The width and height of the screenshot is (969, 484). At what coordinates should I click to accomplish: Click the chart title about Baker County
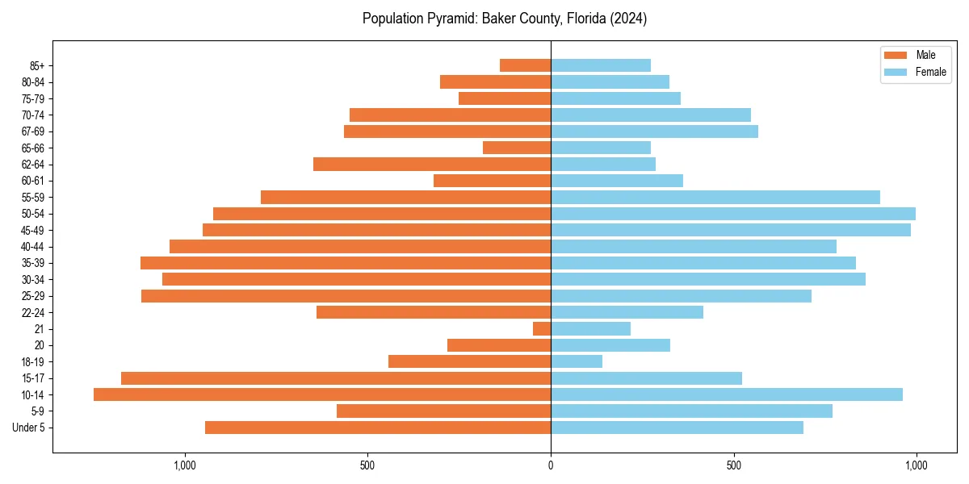pyautogui.click(x=504, y=19)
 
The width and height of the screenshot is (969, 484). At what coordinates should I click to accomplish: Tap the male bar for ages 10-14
pyautogui.click(x=322, y=394)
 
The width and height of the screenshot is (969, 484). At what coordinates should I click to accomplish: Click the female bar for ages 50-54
pyautogui.click(x=733, y=214)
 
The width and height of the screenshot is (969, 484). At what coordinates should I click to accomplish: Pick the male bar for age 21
pyautogui.click(x=542, y=329)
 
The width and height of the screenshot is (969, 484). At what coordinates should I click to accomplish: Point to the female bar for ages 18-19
pyautogui.click(x=577, y=361)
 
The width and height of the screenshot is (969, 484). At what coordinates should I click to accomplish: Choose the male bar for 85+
pyautogui.click(x=525, y=65)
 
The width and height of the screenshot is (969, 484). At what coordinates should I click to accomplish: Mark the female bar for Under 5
pyautogui.click(x=677, y=428)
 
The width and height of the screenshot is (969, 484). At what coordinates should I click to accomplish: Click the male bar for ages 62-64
pyautogui.click(x=432, y=165)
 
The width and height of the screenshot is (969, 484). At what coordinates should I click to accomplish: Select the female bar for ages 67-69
pyautogui.click(x=654, y=131)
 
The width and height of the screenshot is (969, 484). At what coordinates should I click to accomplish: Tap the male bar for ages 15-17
pyautogui.click(x=336, y=378)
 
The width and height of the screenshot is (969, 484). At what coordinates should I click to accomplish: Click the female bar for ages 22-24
pyautogui.click(x=627, y=312)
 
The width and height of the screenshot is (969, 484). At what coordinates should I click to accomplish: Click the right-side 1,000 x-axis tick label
pyautogui.click(x=916, y=465)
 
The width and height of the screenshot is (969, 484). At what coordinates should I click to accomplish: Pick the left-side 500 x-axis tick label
pyautogui.click(x=367, y=465)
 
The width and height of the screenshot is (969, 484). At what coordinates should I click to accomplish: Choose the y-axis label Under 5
pyautogui.click(x=28, y=428)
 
